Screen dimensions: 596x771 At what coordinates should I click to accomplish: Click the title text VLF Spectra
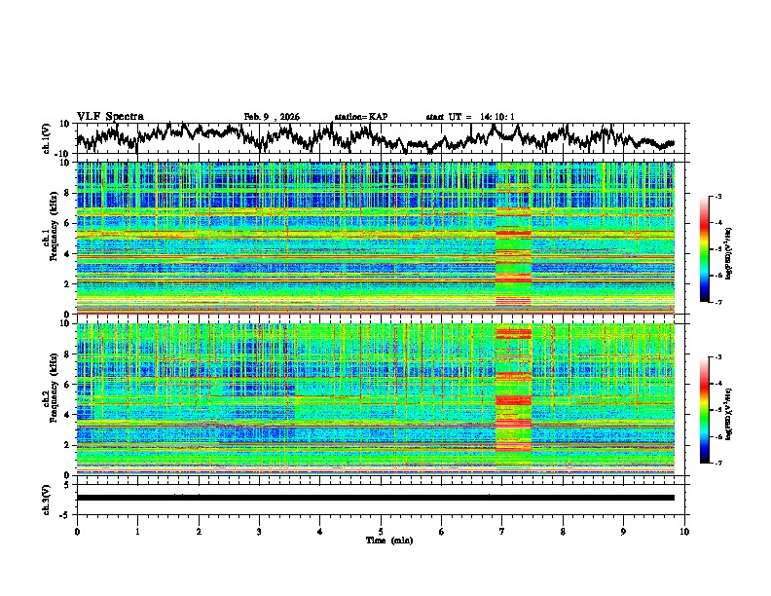[x=110, y=116]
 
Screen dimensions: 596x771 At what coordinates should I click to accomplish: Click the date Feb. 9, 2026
[x=272, y=117]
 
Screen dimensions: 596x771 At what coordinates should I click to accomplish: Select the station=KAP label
[x=361, y=117]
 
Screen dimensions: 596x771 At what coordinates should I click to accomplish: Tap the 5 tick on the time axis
[x=381, y=531]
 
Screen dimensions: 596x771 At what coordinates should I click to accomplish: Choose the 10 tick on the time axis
[x=684, y=531]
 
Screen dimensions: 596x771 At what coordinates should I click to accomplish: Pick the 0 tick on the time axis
[x=77, y=531]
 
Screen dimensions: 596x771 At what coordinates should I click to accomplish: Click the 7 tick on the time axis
[x=502, y=531]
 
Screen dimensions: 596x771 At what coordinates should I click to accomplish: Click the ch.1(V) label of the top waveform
[x=46, y=139]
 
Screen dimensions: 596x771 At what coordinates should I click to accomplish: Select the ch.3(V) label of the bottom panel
[x=46, y=498]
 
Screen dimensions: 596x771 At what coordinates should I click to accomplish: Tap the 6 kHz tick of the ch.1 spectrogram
[x=67, y=223]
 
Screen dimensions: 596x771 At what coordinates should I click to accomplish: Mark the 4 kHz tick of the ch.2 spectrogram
[x=67, y=414]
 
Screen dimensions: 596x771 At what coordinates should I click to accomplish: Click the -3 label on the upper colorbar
[x=717, y=197]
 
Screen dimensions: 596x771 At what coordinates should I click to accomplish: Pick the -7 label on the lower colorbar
[x=717, y=464]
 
